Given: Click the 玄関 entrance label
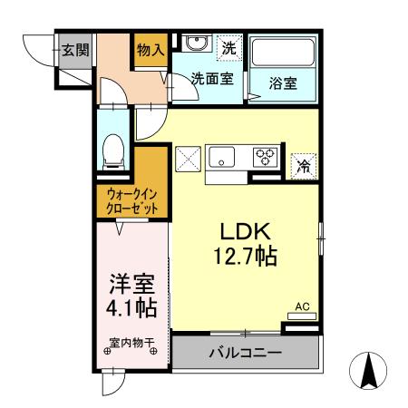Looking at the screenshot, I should [74, 49].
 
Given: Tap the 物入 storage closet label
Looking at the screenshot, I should [150, 51].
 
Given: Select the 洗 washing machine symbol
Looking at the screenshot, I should [230, 46].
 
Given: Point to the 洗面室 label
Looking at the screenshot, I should [211, 79].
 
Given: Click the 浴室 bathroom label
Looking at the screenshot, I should [282, 82].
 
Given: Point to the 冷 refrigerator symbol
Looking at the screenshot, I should [304, 166].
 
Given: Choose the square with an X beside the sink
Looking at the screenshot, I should [188, 158].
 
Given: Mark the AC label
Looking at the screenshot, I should [303, 306].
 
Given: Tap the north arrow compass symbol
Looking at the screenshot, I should [369, 371].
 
